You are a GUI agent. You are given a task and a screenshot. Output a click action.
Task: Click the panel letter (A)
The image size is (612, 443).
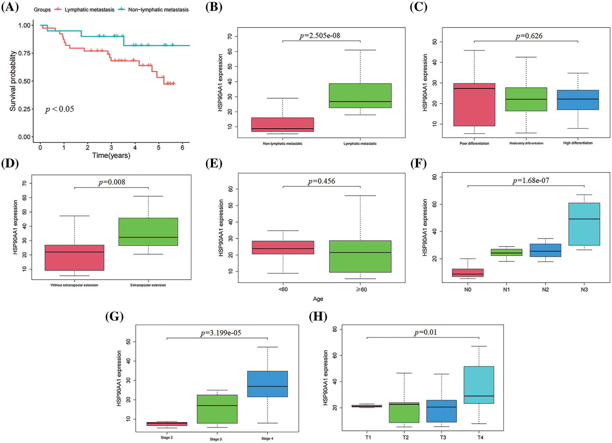pyautogui.click(x=10, y=7)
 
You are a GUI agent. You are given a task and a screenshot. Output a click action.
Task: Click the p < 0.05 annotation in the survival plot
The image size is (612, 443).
pyautogui.click(x=60, y=109)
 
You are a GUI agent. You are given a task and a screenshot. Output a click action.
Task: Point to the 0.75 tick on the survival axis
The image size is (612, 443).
pyautogui.click(x=24, y=53)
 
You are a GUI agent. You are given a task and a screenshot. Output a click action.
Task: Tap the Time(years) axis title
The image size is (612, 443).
pyautogui.click(x=111, y=156)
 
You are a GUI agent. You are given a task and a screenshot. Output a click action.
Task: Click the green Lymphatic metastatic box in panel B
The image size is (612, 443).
pyautogui.click(x=360, y=95)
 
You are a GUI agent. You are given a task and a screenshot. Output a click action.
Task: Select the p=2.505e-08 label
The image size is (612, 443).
pyautogui.click(x=320, y=36)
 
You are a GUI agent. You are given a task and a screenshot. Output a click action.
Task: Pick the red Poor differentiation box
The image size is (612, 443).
pyautogui.click(x=474, y=105)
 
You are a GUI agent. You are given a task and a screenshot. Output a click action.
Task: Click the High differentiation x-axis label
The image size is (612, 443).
pyautogui.click(x=578, y=143)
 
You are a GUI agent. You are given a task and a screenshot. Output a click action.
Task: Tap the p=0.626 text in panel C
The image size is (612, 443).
pyautogui.click(x=529, y=36)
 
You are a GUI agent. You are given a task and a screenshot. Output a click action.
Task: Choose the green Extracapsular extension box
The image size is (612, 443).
pyautogui.click(x=148, y=232)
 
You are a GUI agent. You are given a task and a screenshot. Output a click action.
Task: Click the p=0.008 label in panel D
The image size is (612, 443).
pyautogui.click(x=112, y=182)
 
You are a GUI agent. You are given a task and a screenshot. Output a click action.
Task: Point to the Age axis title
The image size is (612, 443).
pyautogui.click(x=318, y=299)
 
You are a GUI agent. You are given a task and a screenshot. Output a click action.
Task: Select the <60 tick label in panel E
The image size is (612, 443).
pyautogui.click(x=283, y=290)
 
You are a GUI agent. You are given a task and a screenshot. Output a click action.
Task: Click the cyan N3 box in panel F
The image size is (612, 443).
pyautogui.click(x=584, y=224)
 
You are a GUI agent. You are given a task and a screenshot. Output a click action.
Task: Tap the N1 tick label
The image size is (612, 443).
pyautogui.click(x=506, y=290)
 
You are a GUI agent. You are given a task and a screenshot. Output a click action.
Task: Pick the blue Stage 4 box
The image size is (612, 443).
pyautogui.click(x=267, y=384)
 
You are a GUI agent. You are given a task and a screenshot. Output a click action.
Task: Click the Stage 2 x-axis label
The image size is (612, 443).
pyautogui.click(x=167, y=438)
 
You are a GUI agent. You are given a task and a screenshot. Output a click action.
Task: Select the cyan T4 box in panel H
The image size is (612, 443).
pyautogui.click(x=479, y=385)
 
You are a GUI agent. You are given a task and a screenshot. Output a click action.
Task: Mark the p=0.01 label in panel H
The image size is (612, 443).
pyautogui.click(x=426, y=333)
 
